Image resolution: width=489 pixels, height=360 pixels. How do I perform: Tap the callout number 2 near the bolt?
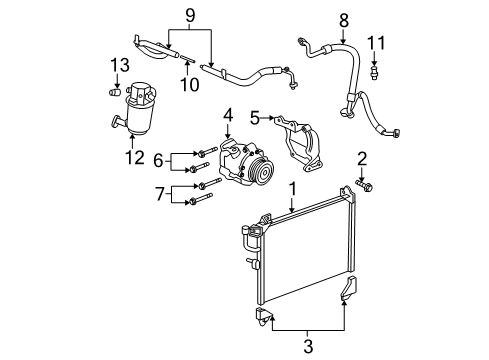(362, 157)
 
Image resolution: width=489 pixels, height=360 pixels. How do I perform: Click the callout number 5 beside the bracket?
(254, 117)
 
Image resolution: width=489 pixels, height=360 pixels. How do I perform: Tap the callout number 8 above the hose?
(316, 18)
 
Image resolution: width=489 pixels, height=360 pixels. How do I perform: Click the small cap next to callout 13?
(114, 92)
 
